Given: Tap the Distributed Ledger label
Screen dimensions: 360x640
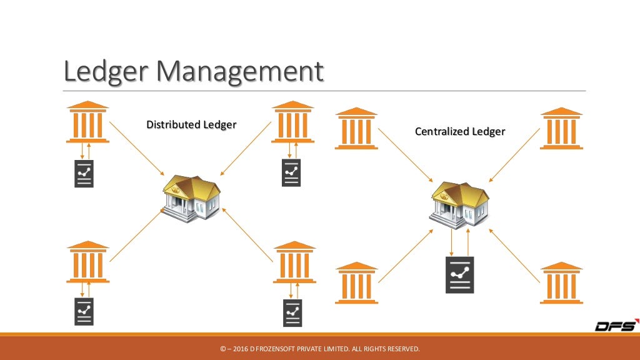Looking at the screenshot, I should pyautogui.click(x=191, y=124).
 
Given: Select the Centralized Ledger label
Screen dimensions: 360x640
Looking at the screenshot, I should pyautogui.click(x=459, y=132).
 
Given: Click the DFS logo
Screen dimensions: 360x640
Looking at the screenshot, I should pyautogui.click(x=615, y=326).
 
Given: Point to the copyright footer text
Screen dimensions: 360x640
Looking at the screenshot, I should pyautogui.click(x=320, y=348).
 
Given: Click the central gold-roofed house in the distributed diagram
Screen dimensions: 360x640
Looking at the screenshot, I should pyautogui.click(x=191, y=196).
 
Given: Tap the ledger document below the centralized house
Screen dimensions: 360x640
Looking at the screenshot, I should pyautogui.click(x=459, y=275).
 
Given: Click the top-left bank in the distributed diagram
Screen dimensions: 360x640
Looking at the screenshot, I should pyautogui.click(x=87, y=121).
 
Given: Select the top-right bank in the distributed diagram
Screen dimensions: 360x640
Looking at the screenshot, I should pyautogui.click(x=293, y=121).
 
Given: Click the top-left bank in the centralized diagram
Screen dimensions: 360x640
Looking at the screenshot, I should pyautogui.click(x=356, y=128).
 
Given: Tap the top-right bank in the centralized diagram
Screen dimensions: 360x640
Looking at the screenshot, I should pyautogui.click(x=561, y=128).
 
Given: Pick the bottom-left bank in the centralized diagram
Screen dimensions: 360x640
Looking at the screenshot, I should pyautogui.click(x=356, y=282).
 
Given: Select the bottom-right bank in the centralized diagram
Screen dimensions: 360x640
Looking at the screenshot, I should pyautogui.click(x=561, y=282).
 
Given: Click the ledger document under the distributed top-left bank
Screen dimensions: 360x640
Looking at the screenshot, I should pyautogui.click(x=84, y=173).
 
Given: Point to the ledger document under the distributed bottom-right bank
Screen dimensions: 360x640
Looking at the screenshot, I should pyautogui.click(x=292, y=312).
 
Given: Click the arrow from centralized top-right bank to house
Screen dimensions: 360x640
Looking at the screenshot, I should pyautogui.click(x=514, y=155).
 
